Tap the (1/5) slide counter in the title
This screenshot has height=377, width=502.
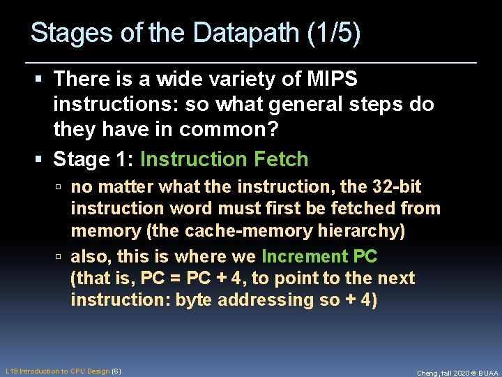[x=333, y=33]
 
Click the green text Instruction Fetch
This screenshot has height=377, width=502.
[x=224, y=159]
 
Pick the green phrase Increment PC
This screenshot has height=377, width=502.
[x=319, y=257]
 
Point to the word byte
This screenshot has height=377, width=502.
[x=194, y=300]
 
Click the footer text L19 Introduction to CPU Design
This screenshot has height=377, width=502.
[x=57, y=371]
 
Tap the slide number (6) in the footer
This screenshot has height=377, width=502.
[x=116, y=371]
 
